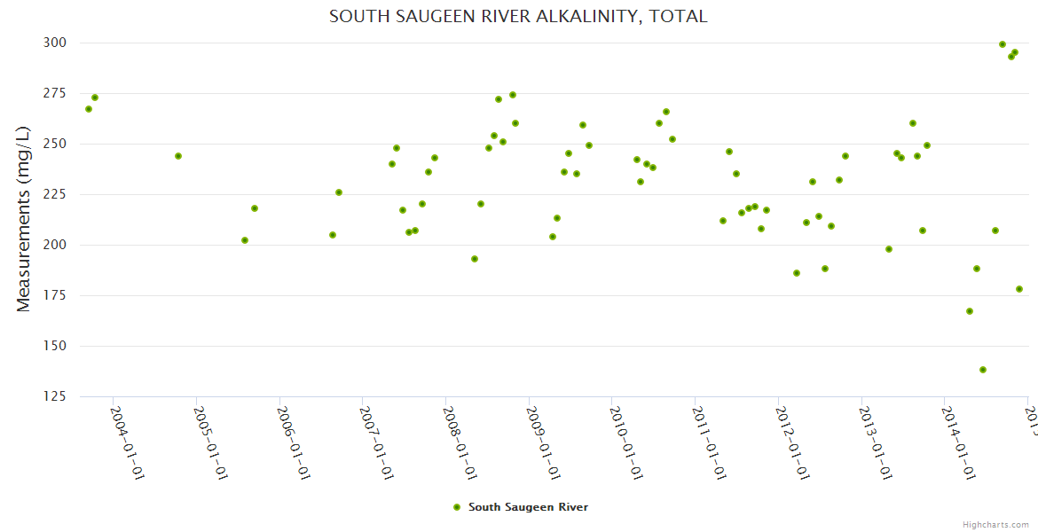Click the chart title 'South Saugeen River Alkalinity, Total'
coord(518,16)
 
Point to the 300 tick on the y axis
coord(54,43)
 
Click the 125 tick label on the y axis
coord(54,396)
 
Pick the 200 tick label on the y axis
coord(54,245)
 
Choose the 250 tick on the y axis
coord(54,144)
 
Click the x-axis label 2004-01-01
coord(127,442)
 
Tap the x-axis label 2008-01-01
coord(460,442)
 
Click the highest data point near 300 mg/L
coord(1003,44)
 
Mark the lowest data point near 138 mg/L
coord(983,370)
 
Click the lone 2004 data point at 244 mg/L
coord(178,156)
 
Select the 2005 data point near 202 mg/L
coord(245,240)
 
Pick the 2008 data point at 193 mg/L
coord(475,259)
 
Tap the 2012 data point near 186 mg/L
coord(797,273)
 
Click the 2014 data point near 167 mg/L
coord(970,311)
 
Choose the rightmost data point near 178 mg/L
coord(1019,289)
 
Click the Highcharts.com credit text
coord(995,525)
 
